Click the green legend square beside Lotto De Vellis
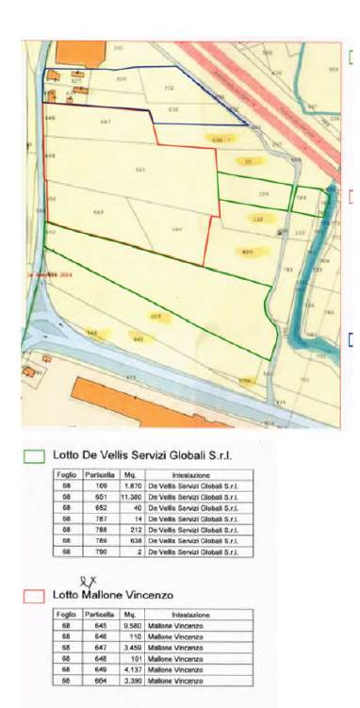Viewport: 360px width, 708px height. coord(35,454)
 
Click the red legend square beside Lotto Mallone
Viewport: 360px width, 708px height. coord(35,595)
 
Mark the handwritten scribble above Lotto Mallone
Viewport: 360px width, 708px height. coord(89,581)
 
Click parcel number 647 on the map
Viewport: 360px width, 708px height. coord(106,123)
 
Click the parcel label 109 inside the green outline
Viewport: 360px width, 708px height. coord(263,194)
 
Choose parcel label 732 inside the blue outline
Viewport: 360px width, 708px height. coord(170,89)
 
